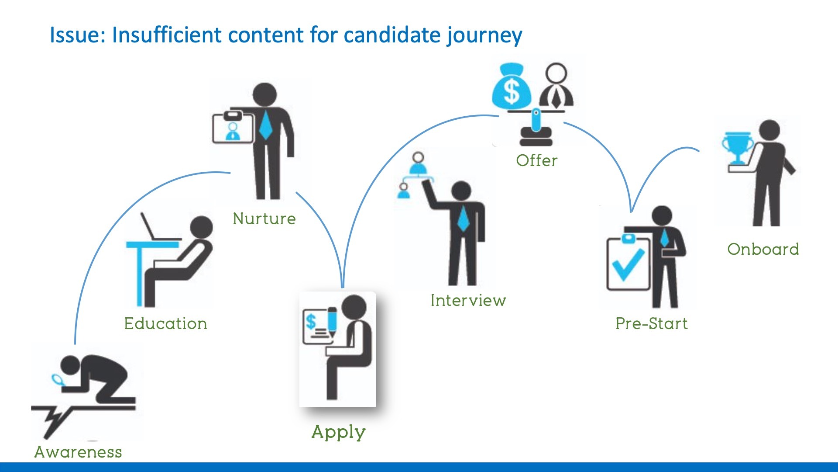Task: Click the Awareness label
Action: [x=78, y=452]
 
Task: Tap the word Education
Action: [x=165, y=323]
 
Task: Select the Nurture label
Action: [x=264, y=219]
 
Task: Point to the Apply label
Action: [x=338, y=433]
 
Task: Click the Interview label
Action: [x=468, y=300]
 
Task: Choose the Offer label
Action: [x=537, y=160]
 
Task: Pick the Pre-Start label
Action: [x=652, y=323]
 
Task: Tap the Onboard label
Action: [x=763, y=249]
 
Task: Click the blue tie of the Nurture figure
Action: [x=265, y=125]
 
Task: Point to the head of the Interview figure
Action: [x=461, y=191]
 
